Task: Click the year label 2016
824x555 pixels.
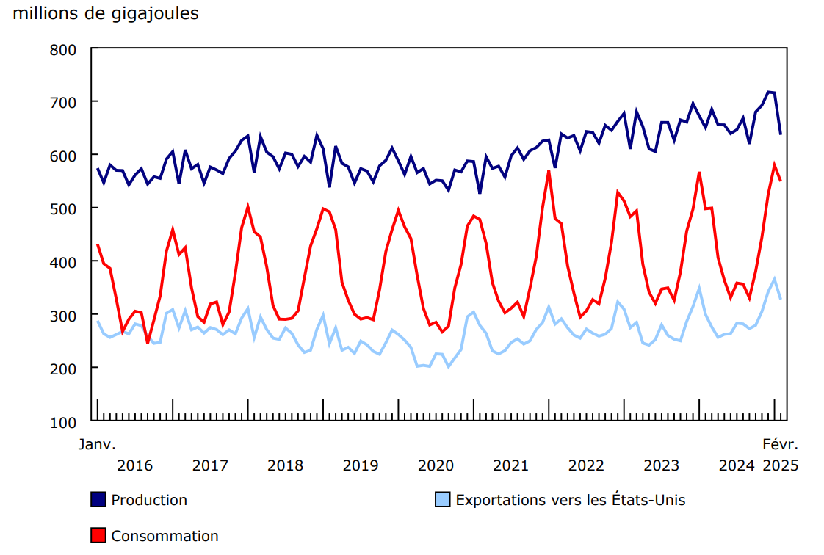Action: pos(134,465)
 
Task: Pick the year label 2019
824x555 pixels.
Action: pos(361,465)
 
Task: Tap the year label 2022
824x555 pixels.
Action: pos(586,465)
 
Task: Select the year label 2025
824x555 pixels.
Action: pos(779,465)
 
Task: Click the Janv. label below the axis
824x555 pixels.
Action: pos(98,445)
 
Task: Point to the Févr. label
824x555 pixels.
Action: pos(779,445)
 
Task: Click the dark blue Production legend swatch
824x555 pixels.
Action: pos(98,500)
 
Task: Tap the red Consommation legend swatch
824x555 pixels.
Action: pos(98,536)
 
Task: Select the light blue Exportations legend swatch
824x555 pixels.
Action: pos(442,500)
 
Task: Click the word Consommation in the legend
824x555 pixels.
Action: pos(165,536)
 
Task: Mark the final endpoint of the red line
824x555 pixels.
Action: pos(781,181)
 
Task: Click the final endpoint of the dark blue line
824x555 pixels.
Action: pos(781,134)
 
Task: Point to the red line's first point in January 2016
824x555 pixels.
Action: pos(98,244)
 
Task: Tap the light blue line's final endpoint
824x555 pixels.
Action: pos(781,299)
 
